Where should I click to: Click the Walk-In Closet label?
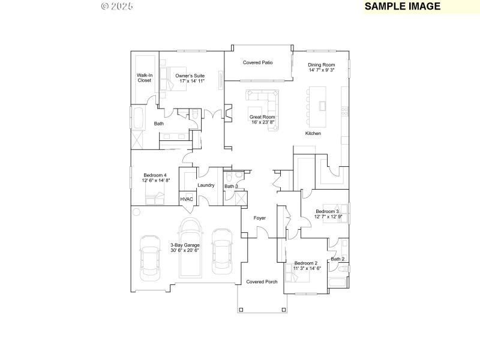click(x=144, y=77)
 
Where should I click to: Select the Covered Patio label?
click(x=258, y=62)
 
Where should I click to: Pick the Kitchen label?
click(x=313, y=133)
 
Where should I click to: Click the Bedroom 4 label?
click(x=155, y=178)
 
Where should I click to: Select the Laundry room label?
click(x=206, y=185)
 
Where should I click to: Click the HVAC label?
click(x=187, y=199)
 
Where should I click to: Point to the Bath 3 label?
click(x=232, y=187)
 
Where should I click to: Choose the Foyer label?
click(x=259, y=218)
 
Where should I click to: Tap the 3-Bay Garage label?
click(x=185, y=247)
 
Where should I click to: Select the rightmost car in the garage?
click(x=222, y=249)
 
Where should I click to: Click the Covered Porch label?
click(x=262, y=281)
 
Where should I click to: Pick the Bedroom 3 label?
click(x=328, y=214)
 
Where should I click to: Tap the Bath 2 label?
click(x=338, y=259)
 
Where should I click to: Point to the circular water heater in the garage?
click(x=137, y=212)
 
